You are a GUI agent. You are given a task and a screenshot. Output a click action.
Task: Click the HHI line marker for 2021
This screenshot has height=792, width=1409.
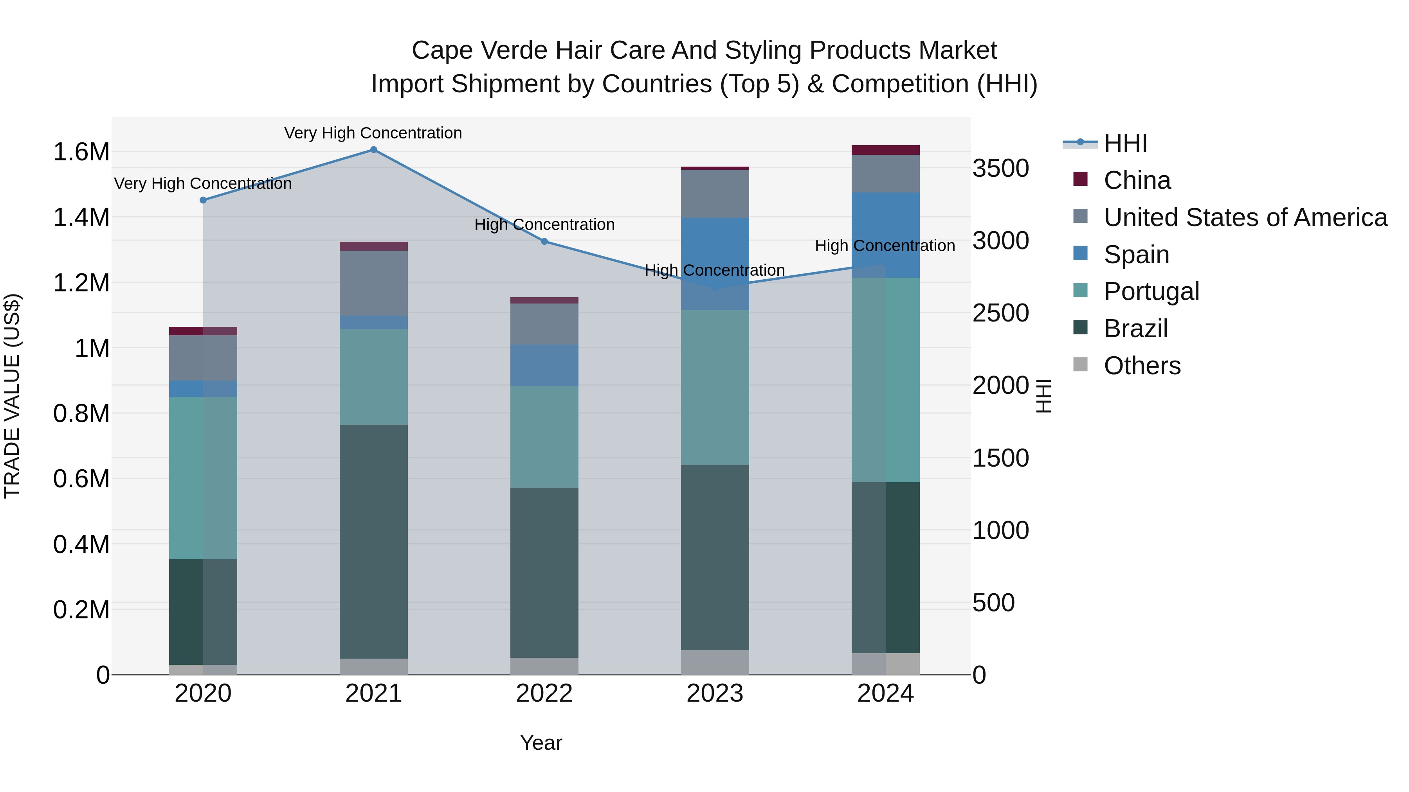pos(374,150)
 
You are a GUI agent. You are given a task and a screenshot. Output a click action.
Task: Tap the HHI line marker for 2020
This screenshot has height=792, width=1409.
pos(204,200)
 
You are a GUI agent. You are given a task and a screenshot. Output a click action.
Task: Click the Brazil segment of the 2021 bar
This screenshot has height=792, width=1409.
pos(374,541)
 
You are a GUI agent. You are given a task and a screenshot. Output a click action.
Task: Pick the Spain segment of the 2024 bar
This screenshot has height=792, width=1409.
pos(886,235)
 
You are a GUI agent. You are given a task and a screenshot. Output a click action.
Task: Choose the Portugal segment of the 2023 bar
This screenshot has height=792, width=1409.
pos(715,388)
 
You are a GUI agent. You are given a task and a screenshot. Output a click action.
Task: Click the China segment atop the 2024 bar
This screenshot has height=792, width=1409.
pos(886,150)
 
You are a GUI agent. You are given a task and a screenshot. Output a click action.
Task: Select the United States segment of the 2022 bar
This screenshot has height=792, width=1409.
pos(544,324)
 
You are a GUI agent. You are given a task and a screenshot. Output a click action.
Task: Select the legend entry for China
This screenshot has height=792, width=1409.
pos(1137,180)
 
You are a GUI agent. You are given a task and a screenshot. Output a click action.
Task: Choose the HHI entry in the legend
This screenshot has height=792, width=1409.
pos(1125,143)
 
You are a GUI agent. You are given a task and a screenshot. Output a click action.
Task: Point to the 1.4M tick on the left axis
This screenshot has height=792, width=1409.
pos(81,217)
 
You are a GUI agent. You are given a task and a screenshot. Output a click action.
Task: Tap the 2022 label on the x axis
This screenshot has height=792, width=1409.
pos(544,693)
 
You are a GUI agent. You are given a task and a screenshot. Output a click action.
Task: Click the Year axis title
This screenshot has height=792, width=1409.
pos(541,743)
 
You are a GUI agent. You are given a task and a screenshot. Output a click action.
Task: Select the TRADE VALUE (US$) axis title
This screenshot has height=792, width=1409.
pos(12,396)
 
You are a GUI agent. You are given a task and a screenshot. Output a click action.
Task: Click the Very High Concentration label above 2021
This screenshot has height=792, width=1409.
pos(373,133)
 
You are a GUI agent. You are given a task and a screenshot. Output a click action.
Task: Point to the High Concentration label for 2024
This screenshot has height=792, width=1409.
pos(885,246)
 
